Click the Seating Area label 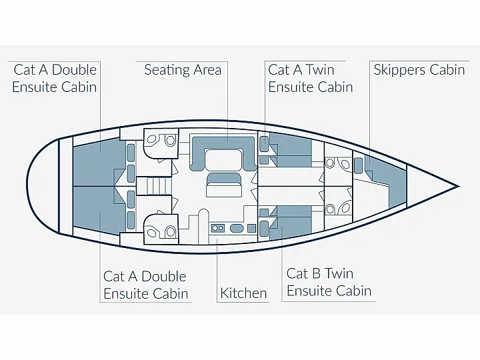[x=183, y=70]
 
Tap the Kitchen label [x=243, y=293]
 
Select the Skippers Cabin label [x=419, y=70]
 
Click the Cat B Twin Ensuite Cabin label [x=329, y=282]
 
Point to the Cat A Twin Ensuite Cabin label [x=311, y=79]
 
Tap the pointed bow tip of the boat [x=459, y=186]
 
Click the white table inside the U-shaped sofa [x=224, y=159]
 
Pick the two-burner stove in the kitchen [x=217, y=228]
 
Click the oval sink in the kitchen [x=237, y=228]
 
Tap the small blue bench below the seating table [x=224, y=179]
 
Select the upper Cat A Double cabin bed [x=99, y=161]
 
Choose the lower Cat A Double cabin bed [x=99, y=211]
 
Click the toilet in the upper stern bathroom [x=170, y=140]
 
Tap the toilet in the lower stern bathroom [x=170, y=232]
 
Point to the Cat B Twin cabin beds [x=290, y=222]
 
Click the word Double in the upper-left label [x=75, y=70]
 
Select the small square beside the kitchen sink [x=251, y=228]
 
